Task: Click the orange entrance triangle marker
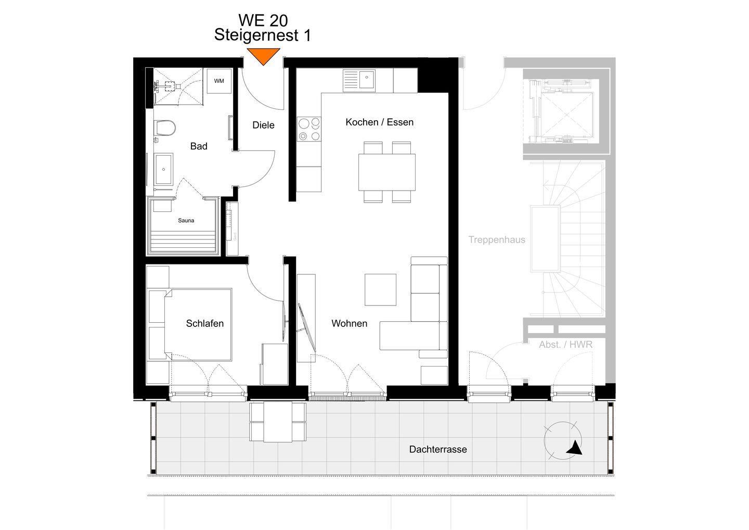click(264, 56)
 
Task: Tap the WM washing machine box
click(219, 81)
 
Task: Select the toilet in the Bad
click(165, 128)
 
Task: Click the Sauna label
click(186, 220)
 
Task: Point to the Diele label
click(264, 125)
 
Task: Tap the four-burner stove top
click(309, 130)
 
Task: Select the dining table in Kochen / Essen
click(387, 172)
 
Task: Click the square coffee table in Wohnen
click(381, 289)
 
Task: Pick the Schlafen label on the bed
click(204, 323)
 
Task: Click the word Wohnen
click(350, 323)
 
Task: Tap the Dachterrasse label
click(438, 449)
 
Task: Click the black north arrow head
click(575, 448)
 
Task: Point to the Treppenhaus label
click(497, 239)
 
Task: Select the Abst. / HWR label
click(565, 344)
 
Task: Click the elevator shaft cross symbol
click(567, 115)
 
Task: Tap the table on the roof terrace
click(278, 422)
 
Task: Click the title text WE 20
click(263, 20)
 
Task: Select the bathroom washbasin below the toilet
click(163, 169)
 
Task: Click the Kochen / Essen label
click(380, 122)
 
